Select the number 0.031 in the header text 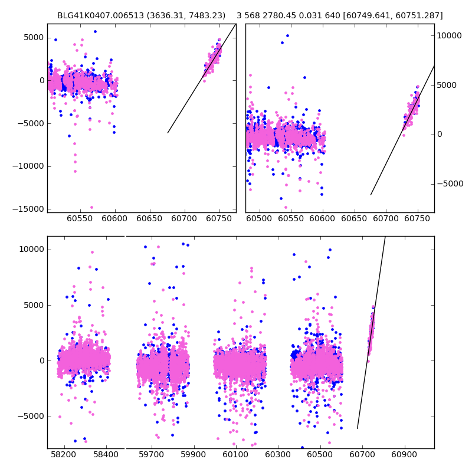[324, 15]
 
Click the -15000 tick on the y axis [27, 209]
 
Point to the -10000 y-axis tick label [27, 166]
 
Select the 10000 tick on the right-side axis [450, 35]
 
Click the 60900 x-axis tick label [405, 456]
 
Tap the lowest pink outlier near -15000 [91, 207]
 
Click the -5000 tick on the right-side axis [451, 183]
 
